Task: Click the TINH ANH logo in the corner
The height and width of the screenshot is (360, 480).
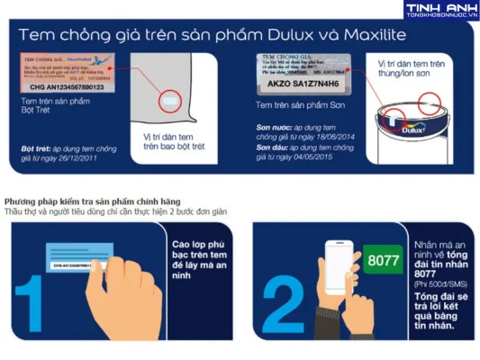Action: point(440,10)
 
